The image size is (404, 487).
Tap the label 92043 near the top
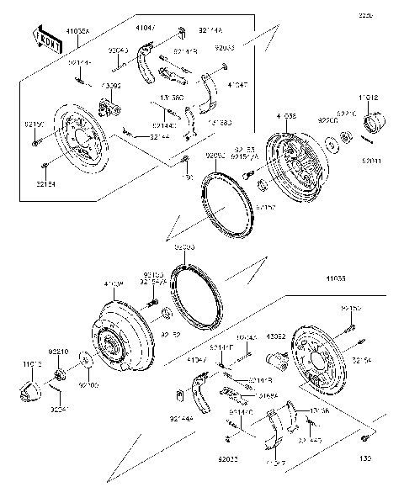pos(120,50)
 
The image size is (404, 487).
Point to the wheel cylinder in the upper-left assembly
pos(106,108)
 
